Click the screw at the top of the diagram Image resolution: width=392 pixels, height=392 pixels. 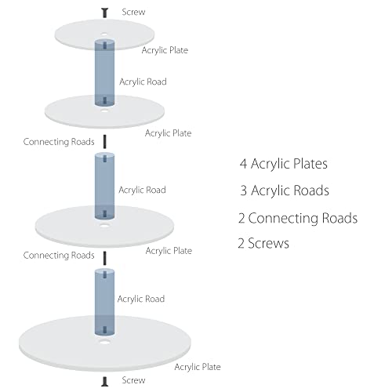pos(105,13)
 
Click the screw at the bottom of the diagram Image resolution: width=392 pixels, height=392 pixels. pos(104,381)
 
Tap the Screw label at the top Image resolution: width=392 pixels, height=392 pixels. pos(133,12)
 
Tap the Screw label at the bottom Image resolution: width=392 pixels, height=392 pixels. pos(133,380)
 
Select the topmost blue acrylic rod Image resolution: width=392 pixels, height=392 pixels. pos(104,73)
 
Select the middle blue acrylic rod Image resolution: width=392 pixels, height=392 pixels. pos(104,186)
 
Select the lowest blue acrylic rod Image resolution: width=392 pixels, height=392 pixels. pos(104,302)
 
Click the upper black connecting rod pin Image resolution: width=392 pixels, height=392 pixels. pos(105,142)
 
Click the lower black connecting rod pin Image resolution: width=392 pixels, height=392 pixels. pos(105,258)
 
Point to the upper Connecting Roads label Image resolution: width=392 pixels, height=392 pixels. pos(59,142)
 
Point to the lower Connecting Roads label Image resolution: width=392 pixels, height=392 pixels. pos(59,255)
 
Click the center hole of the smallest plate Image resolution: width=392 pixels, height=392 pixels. pos(104,34)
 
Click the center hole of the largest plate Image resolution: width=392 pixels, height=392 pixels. pos(104,342)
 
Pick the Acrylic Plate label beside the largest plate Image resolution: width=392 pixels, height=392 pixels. pos(198,367)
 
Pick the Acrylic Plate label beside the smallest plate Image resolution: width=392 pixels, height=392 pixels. pos(165,50)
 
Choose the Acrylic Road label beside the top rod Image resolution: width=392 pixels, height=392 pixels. pos(143,82)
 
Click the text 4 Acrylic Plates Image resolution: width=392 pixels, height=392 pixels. pos(284,164)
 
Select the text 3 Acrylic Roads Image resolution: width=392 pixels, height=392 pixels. pos(285,191)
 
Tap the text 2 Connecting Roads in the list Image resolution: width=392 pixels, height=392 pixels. pos(298,219)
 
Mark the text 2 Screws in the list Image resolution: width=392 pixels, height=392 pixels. pos(263,243)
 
